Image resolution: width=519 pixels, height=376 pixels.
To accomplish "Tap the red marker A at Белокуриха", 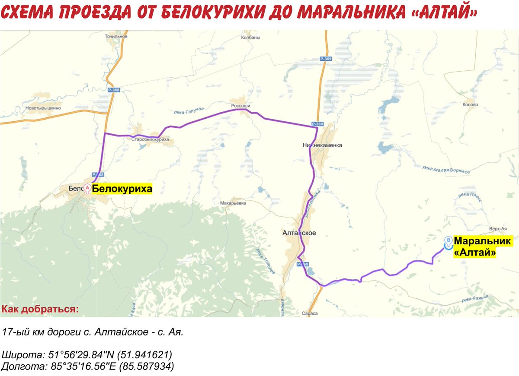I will click(87, 188).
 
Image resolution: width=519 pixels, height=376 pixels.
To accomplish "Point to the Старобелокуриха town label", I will click(150, 139).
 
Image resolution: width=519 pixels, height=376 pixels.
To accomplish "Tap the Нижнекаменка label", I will click(322, 145).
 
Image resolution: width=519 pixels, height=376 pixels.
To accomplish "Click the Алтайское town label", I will click(299, 233).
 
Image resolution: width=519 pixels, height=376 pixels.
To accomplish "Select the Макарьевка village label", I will click(233, 203).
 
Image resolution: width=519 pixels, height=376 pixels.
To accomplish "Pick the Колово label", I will click(470, 104).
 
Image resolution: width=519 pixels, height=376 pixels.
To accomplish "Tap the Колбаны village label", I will click(250, 38).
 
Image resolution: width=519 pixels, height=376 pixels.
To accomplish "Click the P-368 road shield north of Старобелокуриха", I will click(114, 90).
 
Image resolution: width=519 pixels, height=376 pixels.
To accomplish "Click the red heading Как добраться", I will click(40, 310).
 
